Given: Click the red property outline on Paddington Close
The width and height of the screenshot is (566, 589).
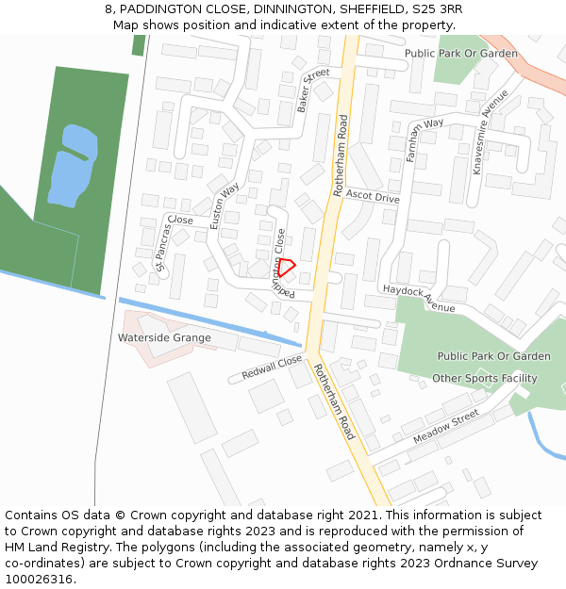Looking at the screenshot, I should (x=287, y=268).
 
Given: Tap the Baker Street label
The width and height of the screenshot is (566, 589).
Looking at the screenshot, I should (x=312, y=90).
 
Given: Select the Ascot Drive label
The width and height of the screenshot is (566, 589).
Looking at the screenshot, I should (x=372, y=196).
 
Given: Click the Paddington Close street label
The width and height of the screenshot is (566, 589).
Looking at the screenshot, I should (x=279, y=264).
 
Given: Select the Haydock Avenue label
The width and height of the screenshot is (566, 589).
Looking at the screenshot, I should (x=419, y=298).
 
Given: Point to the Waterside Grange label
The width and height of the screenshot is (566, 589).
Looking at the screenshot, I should (x=164, y=337).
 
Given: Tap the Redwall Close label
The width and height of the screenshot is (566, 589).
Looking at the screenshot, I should (x=272, y=367).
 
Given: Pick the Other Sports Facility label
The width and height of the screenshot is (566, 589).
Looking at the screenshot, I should (x=484, y=379).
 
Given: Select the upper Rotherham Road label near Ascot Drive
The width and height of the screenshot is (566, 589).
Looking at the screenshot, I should (x=341, y=155).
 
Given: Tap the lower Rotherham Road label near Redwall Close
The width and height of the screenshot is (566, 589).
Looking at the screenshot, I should (x=335, y=401).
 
